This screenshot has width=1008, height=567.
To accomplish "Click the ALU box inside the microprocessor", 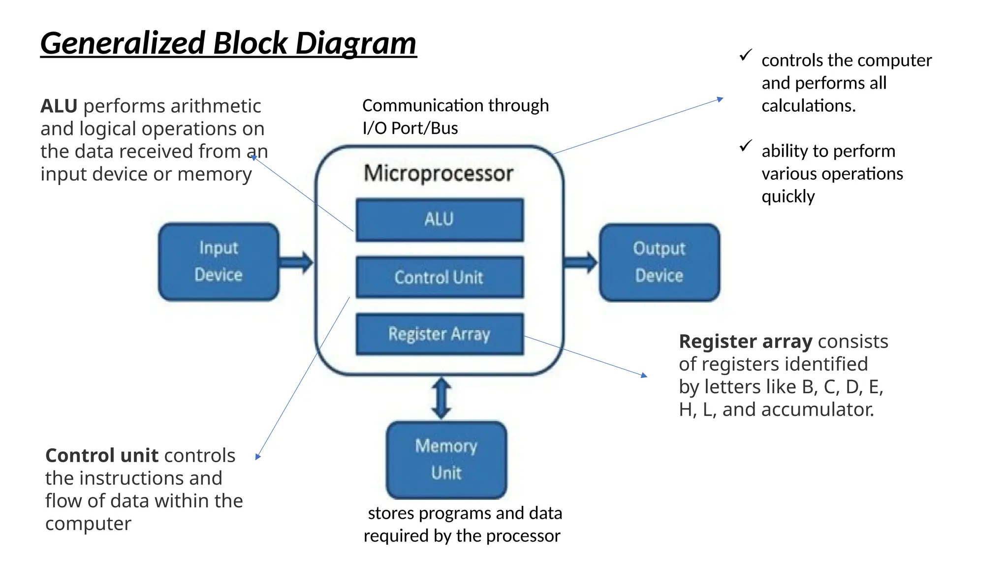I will point(440,220).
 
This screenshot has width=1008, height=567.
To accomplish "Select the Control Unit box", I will point(440,277).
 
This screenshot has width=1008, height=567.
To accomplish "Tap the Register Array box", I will point(440,334).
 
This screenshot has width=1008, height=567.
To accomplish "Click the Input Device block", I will point(219,261).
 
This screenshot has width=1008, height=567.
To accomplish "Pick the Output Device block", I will point(659,262).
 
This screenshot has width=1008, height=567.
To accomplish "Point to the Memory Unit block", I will point(446,459).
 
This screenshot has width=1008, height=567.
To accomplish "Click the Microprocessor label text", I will point(438,173).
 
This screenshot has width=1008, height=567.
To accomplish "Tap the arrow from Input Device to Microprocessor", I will point(296,262).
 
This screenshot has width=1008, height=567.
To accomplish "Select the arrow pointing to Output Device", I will point(581,262).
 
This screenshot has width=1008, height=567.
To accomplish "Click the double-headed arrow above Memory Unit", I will point(441,398).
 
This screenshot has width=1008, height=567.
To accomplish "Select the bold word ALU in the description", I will point(59,106).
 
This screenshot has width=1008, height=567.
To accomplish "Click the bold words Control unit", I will point(101,455).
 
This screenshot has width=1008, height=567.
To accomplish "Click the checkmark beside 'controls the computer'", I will point(746,55).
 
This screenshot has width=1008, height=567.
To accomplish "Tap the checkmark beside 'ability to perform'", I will point(746,146).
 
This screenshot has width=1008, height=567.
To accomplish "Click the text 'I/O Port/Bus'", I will point(410,128).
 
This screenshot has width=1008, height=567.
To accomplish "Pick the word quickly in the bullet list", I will point(788,196).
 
